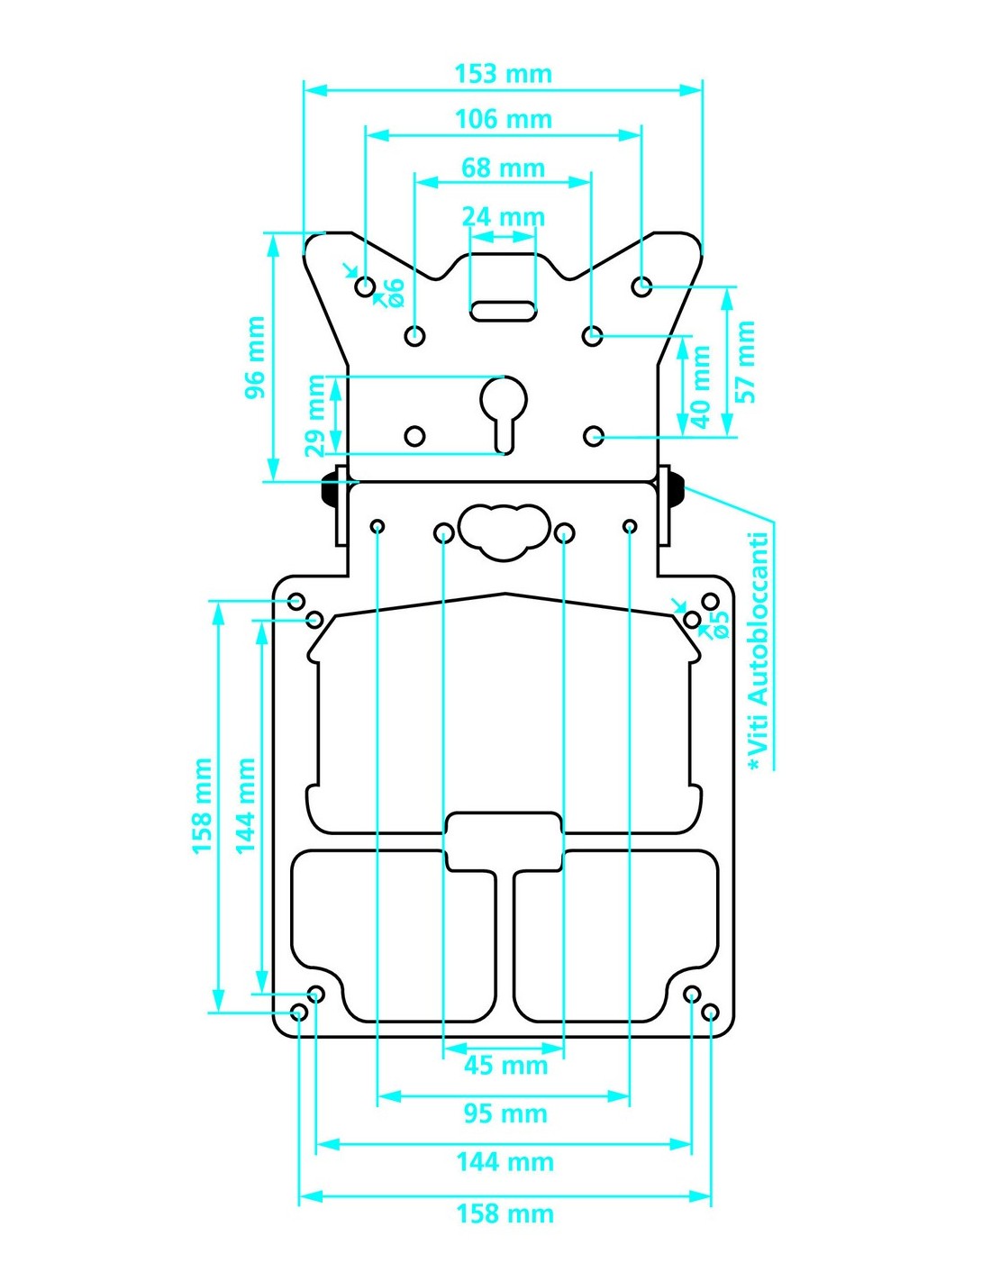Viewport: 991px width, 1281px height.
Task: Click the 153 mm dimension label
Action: pos(503,74)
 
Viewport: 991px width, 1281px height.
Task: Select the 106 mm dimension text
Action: pos(503,119)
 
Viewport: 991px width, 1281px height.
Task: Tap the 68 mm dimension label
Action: pos(503,168)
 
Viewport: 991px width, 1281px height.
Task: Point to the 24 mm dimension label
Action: pos(503,217)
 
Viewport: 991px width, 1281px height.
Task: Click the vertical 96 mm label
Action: pos(255,358)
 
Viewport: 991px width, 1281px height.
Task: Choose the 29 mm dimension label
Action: pos(315,415)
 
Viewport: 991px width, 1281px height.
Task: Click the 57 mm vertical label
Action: pos(745,361)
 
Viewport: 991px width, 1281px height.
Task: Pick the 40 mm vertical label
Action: pos(701,386)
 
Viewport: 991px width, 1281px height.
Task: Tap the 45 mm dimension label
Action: pos(505,1065)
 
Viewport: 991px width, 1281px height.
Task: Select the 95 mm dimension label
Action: pos(505,1113)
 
